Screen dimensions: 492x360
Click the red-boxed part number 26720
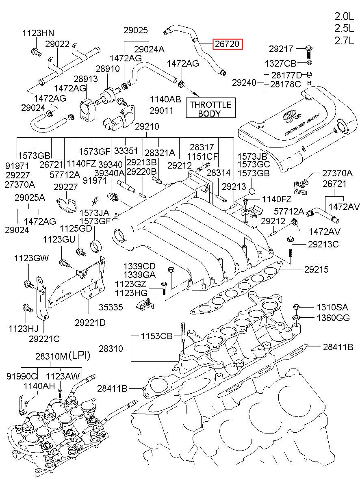tap(228, 44)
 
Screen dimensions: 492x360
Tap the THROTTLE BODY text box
tap(210, 109)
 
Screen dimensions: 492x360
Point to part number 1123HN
tap(38, 33)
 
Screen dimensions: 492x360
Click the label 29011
tap(161, 111)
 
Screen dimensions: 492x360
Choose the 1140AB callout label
tap(165, 99)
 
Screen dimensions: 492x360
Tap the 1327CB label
tap(280, 63)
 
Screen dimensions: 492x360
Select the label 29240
tap(244, 83)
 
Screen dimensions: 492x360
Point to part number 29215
tap(318, 270)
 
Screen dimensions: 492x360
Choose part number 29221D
tap(90, 323)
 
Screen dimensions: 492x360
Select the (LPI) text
tap(79, 356)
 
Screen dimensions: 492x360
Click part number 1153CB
tap(157, 337)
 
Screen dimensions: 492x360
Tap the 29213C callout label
tap(323, 245)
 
